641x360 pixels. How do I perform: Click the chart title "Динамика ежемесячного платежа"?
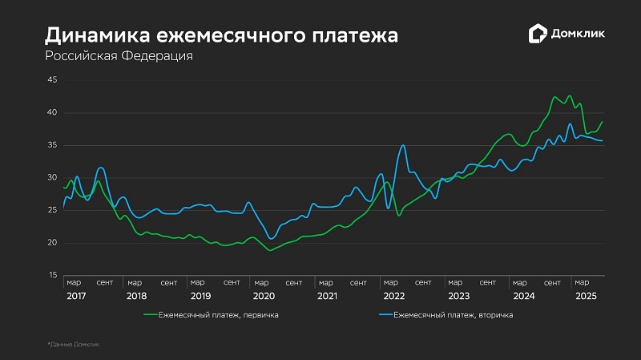coord(220,35)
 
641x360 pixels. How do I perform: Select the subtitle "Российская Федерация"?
coord(119,57)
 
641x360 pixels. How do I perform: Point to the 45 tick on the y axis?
coord(52,80)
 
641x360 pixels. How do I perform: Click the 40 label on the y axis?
coord(52,113)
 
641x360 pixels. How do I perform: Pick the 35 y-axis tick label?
coord(52,145)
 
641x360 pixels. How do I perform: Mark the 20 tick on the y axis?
coord(52,243)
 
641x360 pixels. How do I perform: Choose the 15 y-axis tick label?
coord(52,276)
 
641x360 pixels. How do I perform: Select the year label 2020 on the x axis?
coord(264,296)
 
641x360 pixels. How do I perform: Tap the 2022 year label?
coord(393,296)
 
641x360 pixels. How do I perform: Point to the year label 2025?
coord(586,296)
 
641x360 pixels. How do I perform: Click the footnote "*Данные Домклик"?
coord(74,344)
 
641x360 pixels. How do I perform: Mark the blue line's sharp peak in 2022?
coord(403,145)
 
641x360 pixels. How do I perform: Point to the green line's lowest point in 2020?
coord(271,251)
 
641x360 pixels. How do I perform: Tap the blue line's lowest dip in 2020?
coord(272,238)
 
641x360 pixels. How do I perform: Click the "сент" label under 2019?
coord(232,282)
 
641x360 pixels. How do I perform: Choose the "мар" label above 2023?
coord(455,282)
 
